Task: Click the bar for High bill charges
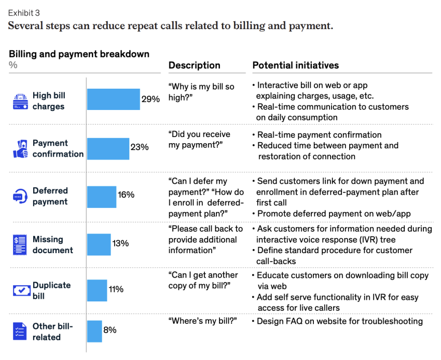click(113, 99)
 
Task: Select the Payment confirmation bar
click(108, 148)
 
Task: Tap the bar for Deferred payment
click(102, 197)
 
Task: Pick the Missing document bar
click(99, 244)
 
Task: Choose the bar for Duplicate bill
click(97, 290)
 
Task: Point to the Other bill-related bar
click(94, 331)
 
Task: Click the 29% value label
click(150, 99)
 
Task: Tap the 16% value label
click(126, 195)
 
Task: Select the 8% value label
click(110, 330)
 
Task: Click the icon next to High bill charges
click(20, 101)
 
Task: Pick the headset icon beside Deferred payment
click(20, 197)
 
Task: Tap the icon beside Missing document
click(20, 244)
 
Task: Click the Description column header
click(195, 65)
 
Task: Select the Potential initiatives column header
click(295, 65)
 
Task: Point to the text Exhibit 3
click(24, 12)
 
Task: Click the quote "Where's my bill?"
click(202, 322)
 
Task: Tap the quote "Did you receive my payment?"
click(199, 140)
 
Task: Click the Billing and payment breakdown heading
click(79, 54)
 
